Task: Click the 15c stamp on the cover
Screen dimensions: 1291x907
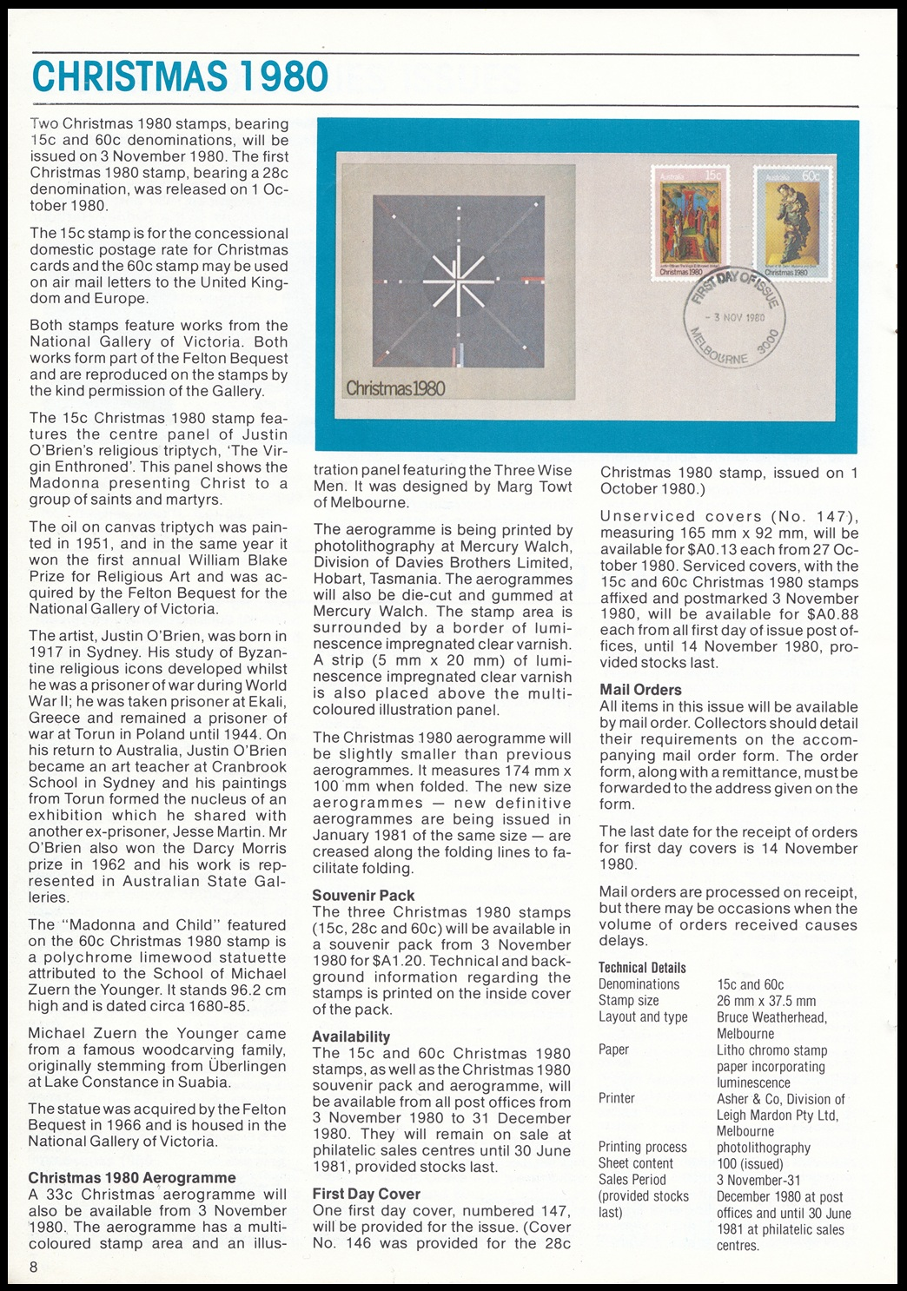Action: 692,222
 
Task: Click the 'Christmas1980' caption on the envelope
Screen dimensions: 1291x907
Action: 395,387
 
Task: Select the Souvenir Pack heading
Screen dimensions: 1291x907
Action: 363,896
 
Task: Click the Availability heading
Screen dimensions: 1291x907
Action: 351,1036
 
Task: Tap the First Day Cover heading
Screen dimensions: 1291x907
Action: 366,1194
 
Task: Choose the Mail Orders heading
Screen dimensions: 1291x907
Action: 640,690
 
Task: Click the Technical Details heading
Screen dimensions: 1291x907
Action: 642,968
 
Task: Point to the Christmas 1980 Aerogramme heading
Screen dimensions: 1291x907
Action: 132,1178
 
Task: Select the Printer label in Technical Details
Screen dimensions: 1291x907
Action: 616,1098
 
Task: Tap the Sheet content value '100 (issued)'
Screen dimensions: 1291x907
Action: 750,1164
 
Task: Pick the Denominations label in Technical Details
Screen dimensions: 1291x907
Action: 639,984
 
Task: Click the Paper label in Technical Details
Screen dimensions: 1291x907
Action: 613,1049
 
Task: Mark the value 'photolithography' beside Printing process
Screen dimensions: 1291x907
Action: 763,1148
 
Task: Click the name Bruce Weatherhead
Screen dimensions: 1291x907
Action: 771,1017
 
